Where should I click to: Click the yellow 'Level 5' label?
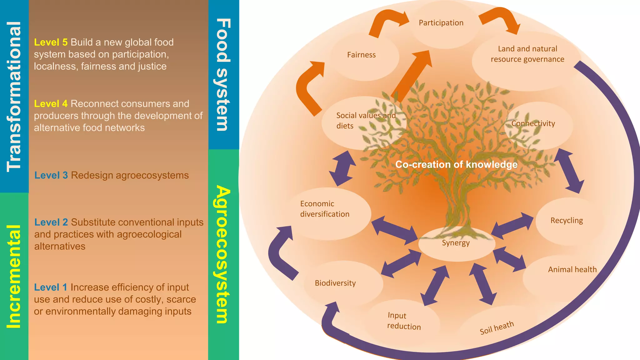click(51, 42)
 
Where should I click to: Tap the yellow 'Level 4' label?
click(51, 103)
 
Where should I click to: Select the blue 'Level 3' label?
click(51, 175)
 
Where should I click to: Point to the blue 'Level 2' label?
click(51, 222)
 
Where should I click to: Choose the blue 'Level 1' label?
click(51, 287)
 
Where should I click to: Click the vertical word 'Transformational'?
click(14, 96)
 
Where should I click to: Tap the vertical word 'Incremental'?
click(14, 277)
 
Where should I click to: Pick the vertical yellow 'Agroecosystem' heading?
click(223, 254)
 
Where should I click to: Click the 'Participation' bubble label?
click(441, 23)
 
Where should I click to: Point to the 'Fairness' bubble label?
click(361, 55)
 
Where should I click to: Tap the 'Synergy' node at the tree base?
click(456, 243)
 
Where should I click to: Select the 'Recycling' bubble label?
click(567, 220)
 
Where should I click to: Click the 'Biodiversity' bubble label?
click(335, 283)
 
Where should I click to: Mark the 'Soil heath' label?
click(497, 327)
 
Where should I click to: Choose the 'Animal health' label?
click(572, 269)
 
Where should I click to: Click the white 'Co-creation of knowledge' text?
click(456, 164)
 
